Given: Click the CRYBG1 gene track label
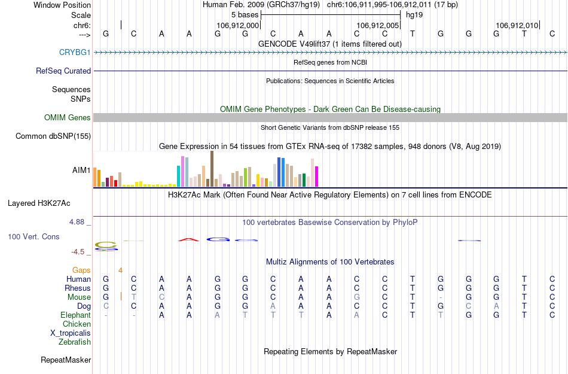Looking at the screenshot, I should (75, 52).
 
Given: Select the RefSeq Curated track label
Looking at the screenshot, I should (63, 71).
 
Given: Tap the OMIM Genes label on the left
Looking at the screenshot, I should (68, 118).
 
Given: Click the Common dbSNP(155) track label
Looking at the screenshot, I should (53, 136).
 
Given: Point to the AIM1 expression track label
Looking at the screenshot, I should (81, 170).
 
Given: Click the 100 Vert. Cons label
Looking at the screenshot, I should (33, 237).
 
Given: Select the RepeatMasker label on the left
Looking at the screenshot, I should (66, 360).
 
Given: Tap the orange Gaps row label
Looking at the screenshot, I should (82, 270).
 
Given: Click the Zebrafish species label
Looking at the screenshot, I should (75, 342).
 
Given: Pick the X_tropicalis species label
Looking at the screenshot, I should (71, 333).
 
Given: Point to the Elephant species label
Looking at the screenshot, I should (75, 315).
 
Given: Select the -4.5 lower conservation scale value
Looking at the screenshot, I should (78, 252).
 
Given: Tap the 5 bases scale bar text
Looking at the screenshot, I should (245, 14).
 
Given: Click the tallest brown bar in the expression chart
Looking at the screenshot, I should (212, 169).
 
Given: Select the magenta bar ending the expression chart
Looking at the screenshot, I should (316, 176).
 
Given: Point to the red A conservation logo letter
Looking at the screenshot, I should (188, 240).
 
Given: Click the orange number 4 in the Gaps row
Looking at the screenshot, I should (120, 270).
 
